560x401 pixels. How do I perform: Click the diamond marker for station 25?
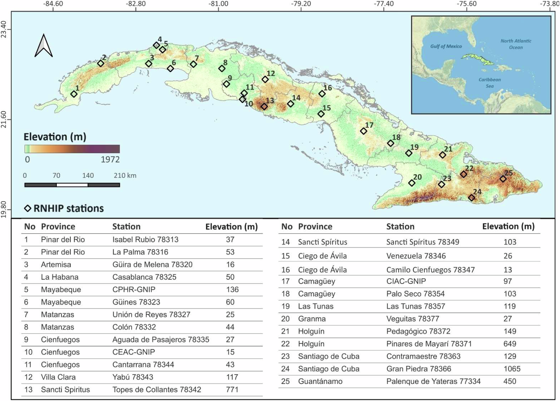(x=503, y=179)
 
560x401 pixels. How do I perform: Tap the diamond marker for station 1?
(x=74, y=94)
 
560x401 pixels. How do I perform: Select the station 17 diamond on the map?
(x=363, y=131)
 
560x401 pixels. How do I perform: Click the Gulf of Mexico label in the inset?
(x=446, y=46)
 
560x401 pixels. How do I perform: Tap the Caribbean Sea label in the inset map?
(x=490, y=83)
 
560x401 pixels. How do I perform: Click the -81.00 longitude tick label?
(x=218, y=4)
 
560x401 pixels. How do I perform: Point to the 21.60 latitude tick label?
(x=4, y=119)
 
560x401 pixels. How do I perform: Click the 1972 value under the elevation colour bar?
(x=110, y=160)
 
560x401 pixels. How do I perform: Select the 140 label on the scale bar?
(x=88, y=176)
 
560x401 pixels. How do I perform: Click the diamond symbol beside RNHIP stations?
(x=28, y=208)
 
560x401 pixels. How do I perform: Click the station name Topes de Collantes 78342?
(x=157, y=390)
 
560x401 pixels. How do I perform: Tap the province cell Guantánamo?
(x=320, y=381)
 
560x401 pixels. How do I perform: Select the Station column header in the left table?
(x=126, y=226)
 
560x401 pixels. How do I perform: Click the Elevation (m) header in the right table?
(x=508, y=226)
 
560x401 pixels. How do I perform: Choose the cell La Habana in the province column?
(x=60, y=277)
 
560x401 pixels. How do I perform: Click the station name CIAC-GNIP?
(x=406, y=281)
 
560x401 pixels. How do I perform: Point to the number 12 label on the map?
(x=271, y=73)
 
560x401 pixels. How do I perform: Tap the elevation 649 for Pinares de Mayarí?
(x=510, y=344)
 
